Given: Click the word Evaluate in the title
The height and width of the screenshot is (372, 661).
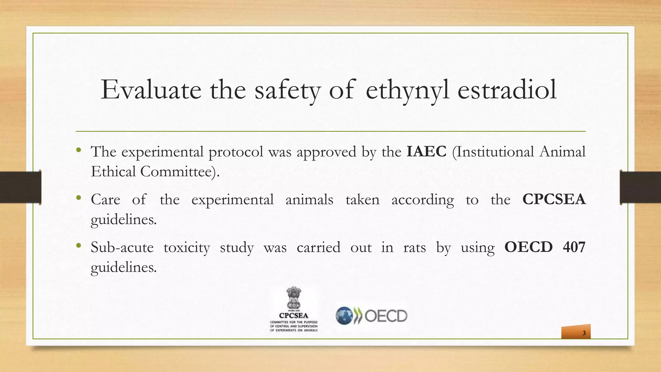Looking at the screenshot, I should coord(151,90).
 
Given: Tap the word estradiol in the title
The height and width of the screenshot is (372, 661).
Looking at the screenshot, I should coord(507,90).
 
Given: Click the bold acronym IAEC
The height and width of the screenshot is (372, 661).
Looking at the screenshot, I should coord(426,151).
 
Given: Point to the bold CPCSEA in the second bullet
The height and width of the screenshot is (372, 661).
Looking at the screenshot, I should coord(554,199).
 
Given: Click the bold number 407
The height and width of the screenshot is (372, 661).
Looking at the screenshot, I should coord(574,247).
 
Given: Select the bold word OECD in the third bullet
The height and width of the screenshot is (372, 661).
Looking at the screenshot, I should coord(528,247).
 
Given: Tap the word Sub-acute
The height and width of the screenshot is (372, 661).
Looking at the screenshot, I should coord(122,248).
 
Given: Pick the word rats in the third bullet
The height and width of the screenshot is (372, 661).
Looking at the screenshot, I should coord(414,248).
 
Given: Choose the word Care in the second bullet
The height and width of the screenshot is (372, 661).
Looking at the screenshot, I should coord(106,200).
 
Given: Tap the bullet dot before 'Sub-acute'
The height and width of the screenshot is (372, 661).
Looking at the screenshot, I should coord(78,246).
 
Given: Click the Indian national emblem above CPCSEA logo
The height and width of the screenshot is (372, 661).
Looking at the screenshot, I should coord(294,298).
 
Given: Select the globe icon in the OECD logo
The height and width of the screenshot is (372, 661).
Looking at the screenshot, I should coord(344,315).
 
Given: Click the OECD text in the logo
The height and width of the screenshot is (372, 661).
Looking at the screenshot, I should coord(386,316).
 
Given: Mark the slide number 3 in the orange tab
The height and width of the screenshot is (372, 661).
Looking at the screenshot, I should coord(584,333).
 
